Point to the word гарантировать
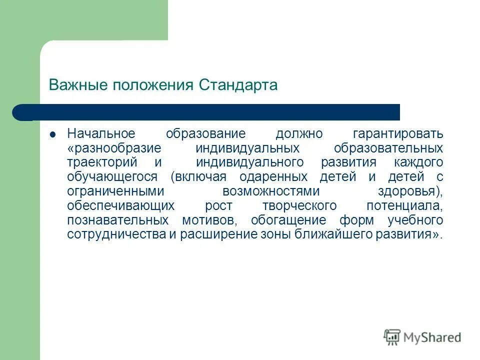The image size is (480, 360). pos(397,134)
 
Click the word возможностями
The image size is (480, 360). pos(270,191)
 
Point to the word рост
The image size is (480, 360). pos(218,206)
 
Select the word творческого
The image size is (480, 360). pos(299,206)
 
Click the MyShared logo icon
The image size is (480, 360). pos(392,337)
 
